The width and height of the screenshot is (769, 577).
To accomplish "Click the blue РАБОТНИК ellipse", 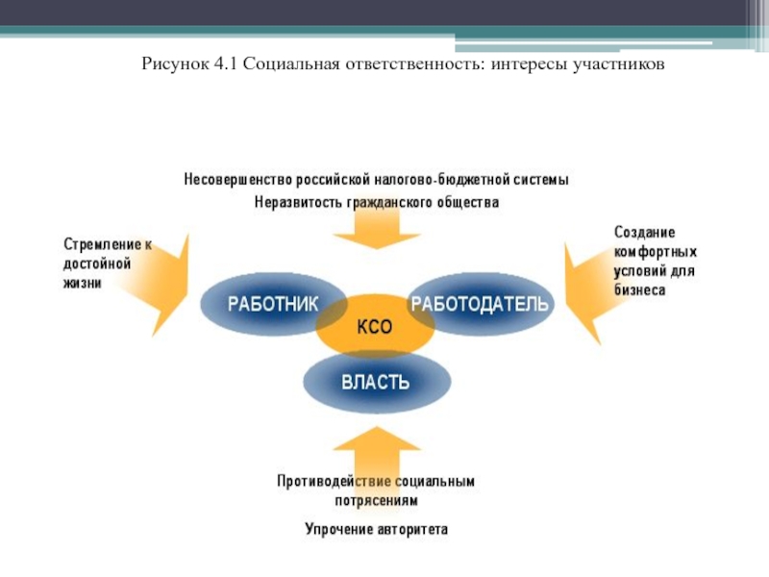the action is pyautogui.click(x=273, y=304).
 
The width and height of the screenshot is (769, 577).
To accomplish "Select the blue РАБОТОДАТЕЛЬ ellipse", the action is pyautogui.click(x=481, y=304).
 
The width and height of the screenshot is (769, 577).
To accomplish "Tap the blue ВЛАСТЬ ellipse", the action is pyautogui.click(x=377, y=382).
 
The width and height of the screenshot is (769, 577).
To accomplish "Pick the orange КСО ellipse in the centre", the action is pyautogui.click(x=375, y=326).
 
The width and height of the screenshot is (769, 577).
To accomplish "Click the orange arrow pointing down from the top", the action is pyautogui.click(x=377, y=228).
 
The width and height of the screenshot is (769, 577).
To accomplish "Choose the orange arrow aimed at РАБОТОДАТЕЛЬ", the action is pyautogui.click(x=588, y=293).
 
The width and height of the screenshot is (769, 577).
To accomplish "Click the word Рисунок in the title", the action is pyautogui.click(x=175, y=64).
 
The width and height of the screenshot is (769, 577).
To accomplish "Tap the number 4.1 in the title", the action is pyautogui.click(x=225, y=63).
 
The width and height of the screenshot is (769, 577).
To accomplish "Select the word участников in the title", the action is pyautogui.click(x=619, y=64).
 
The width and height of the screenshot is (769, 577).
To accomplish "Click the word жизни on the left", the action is pyautogui.click(x=83, y=283).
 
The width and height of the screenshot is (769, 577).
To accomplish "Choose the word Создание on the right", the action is pyautogui.click(x=644, y=232).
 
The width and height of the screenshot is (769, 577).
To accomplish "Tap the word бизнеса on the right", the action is pyautogui.click(x=639, y=290).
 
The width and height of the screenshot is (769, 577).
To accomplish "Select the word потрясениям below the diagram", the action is pyautogui.click(x=377, y=500).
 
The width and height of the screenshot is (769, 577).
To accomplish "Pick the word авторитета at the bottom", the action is pyautogui.click(x=411, y=530).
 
